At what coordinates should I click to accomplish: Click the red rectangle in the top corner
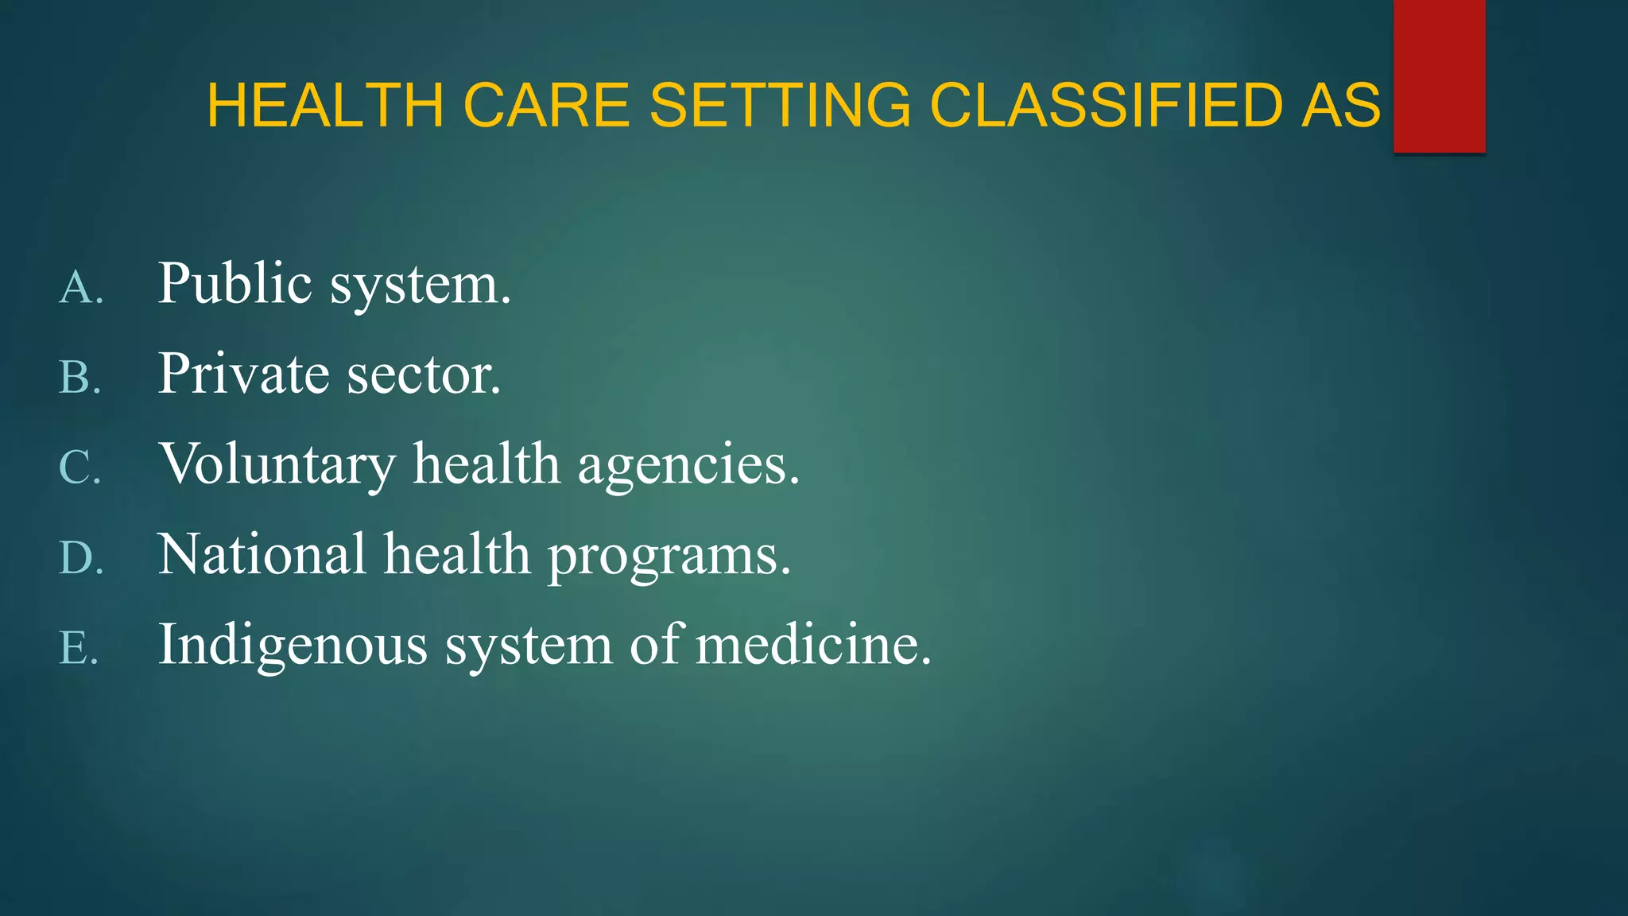point(1439,76)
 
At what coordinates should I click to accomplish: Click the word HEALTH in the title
point(325,105)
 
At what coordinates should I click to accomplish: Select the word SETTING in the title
point(780,105)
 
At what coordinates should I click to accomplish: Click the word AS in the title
point(1341,105)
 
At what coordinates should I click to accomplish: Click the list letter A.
point(79,287)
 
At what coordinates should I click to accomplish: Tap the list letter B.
point(79,377)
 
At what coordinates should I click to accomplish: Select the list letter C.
point(79,467)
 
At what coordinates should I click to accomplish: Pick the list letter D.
point(80,557)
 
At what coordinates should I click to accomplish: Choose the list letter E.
point(79,647)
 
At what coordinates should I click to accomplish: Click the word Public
point(235,283)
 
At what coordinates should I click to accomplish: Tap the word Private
point(243,374)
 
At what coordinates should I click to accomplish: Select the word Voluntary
point(277,464)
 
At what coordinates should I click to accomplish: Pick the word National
point(262,554)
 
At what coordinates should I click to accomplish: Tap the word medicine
point(812,644)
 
